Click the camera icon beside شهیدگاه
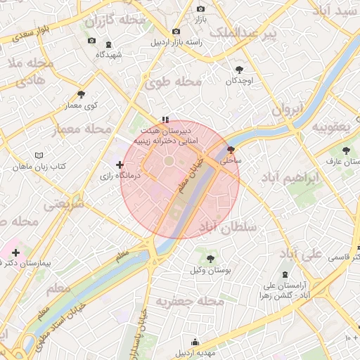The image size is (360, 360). coord(92,41)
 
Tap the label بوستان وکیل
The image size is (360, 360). coord(212,270)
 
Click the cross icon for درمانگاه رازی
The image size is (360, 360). coord(119,165)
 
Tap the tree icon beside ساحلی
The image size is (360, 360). coord(231,150)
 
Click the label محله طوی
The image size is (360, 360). coord(173,83)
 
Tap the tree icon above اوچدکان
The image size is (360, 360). coord(239,69)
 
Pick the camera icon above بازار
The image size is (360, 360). coord(200,8)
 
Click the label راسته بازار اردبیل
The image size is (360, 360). coord(186,41)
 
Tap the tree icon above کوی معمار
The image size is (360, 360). coord(82,94)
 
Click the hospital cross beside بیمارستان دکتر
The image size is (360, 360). coord(15,252)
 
